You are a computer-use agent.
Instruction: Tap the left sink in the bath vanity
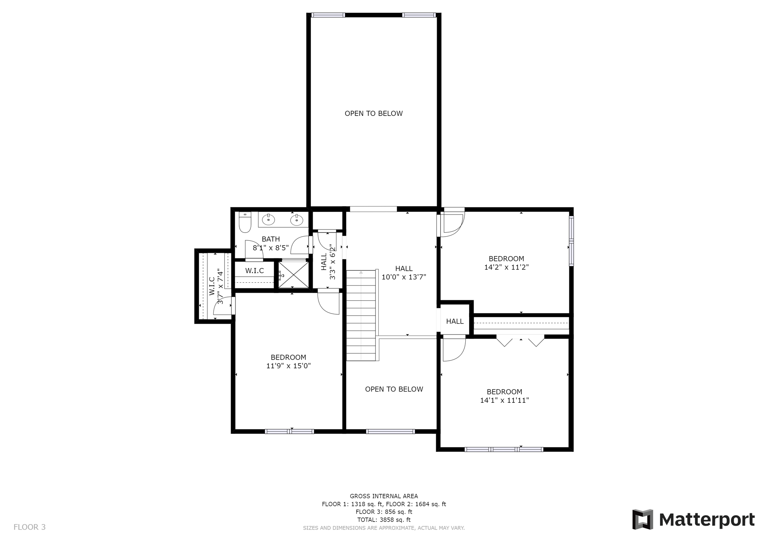coord(268,219)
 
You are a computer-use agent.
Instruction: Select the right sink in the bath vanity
coord(296,219)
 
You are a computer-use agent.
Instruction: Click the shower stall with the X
coord(293,275)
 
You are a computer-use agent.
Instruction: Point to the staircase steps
coord(361,315)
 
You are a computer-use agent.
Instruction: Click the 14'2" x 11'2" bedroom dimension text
coord(506,267)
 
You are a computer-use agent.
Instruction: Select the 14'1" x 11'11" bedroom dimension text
coord(504,400)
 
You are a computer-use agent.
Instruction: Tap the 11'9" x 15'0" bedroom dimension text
coord(288,366)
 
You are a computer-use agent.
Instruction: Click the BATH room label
coord(271,239)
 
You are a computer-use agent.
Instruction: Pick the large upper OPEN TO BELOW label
coord(373,114)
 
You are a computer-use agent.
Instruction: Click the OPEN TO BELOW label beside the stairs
coord(394,389)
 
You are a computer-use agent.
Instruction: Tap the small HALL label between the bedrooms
coord(455,321)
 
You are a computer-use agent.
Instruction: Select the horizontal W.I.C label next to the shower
coord(255,271)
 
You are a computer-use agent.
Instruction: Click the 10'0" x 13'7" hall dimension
coord(404,277)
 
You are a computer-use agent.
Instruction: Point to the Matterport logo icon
coord(642,519)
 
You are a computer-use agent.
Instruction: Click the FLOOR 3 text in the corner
coord(30,527)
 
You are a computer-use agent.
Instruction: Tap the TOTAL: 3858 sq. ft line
coord(384,520)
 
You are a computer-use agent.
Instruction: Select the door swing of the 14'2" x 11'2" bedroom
coord(453,224)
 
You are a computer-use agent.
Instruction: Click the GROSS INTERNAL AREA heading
coord(384,496)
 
